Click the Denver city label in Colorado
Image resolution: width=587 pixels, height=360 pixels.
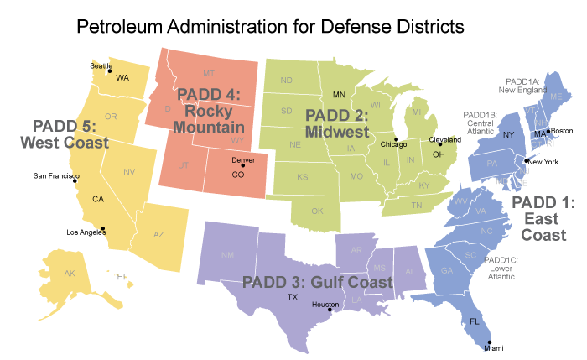click(243, 159)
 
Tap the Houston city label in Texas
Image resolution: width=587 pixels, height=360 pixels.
click(325, 305)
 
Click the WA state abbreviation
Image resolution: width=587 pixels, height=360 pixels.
click(122, 78)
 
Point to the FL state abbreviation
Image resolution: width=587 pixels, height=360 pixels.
click(474, 321)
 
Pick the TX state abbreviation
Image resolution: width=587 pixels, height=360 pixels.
click(293, 297)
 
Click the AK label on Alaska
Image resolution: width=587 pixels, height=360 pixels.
click(70, 274)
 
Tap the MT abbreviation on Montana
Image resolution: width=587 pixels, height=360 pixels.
click(209, 74)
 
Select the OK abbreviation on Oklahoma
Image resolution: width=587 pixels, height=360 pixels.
click(317, 211)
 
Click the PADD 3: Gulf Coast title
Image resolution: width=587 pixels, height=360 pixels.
click(316, 282)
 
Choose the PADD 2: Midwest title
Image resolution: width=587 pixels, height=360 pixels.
click(337, 123)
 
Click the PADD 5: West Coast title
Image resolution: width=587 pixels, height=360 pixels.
click(65, 134)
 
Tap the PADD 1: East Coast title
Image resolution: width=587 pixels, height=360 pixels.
click(543, 218)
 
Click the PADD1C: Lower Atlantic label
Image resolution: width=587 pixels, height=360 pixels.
click(502, 268)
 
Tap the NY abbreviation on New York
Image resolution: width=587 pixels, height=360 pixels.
click(507, 134)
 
